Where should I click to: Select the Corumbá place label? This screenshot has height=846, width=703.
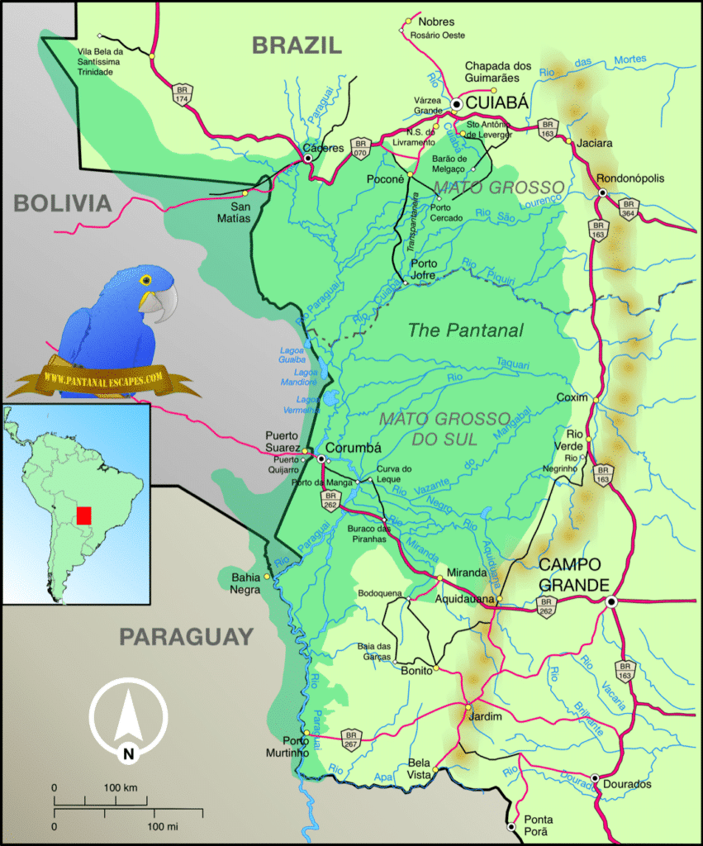pos(356,448)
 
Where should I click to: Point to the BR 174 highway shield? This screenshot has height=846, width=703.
pos(182,93)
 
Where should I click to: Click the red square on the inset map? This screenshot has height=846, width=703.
pos(83,516)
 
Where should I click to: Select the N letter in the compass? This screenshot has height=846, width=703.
pos(128,753)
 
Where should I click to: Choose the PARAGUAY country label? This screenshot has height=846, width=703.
pos(185,636)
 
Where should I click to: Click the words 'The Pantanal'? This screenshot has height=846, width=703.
pos(466,330)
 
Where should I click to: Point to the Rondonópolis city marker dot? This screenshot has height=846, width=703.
pos(603,192)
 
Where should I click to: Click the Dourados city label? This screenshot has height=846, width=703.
pos(627,784)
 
